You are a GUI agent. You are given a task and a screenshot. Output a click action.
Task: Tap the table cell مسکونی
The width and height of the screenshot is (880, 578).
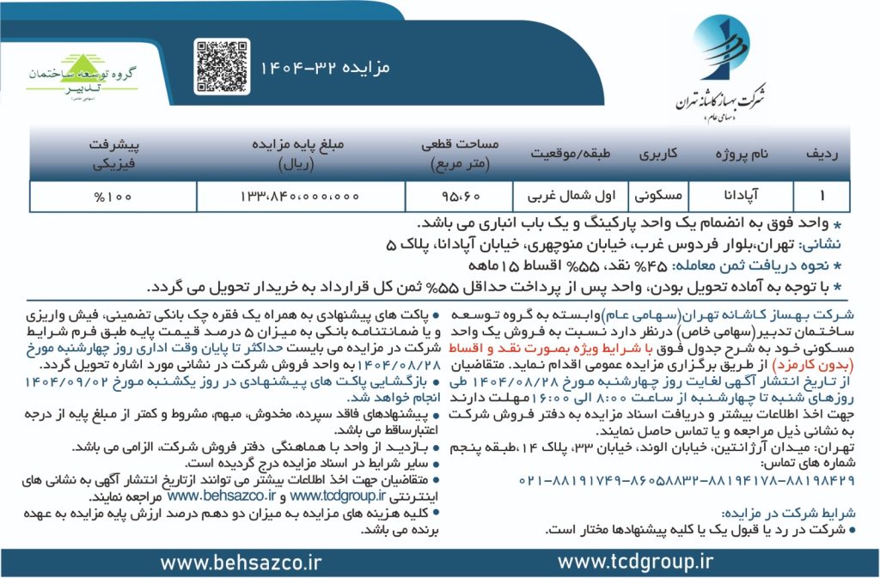click(x=658, y=197)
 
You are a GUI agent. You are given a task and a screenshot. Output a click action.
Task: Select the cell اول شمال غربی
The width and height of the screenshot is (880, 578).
click(x=571, y=197)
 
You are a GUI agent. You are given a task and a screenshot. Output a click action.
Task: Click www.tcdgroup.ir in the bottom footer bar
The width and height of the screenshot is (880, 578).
click(x=635, y=563)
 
